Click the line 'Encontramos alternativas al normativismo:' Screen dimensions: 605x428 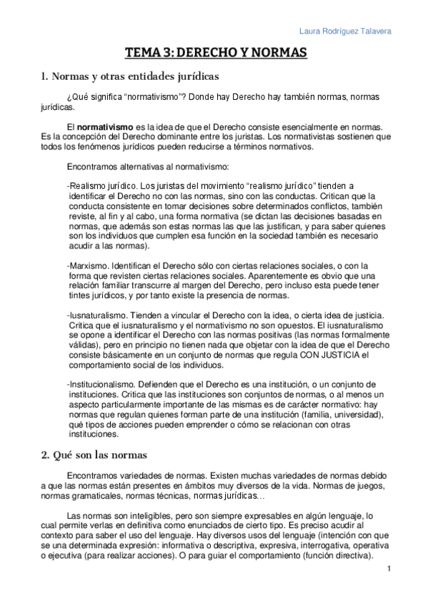pyautogui.click(x=148, y=167)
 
